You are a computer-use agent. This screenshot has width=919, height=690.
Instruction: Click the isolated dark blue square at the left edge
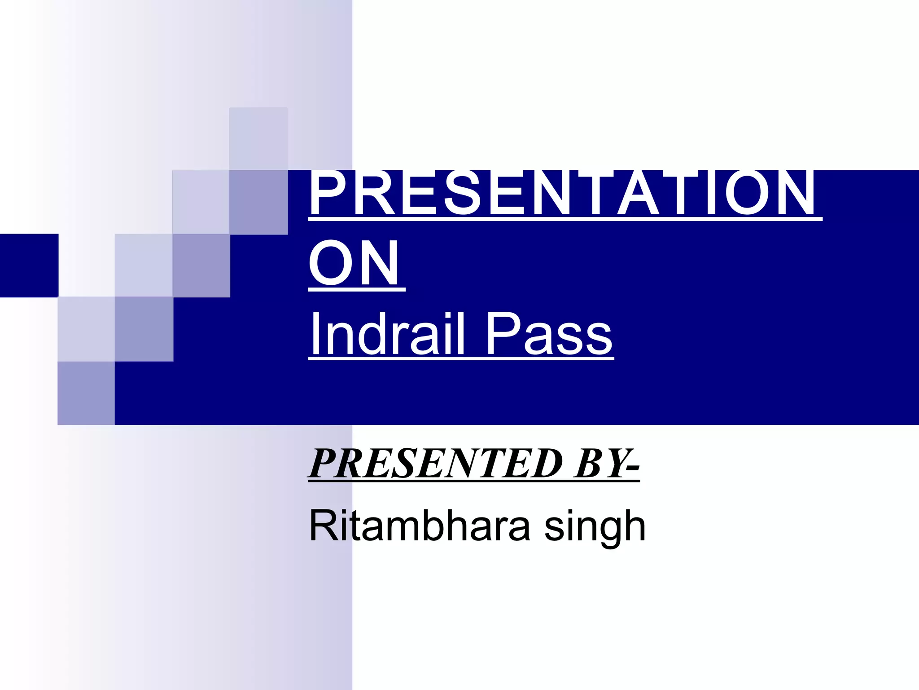(x=29, y=265)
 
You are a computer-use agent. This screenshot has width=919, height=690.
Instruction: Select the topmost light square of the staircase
(x=258, y=138)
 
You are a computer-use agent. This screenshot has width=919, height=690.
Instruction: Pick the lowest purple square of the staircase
(x=86, y=393)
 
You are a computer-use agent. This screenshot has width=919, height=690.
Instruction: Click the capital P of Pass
(x=503, y=333)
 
